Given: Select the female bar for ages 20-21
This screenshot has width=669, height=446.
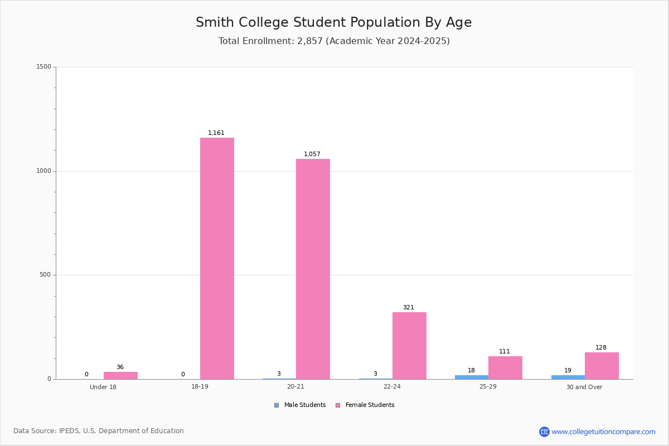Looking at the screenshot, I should tap(313, 269).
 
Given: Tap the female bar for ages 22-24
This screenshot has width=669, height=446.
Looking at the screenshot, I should tap(409, 346).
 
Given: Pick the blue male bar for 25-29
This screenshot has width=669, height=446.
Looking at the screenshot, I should tap(471, 377).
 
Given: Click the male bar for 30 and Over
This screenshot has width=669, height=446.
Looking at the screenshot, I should tap(568, 377).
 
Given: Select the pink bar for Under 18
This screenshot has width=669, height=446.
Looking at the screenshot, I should tap(120, 376).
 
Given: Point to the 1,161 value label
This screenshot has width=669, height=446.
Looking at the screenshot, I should tap(216, 133).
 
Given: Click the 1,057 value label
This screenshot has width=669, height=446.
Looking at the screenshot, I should tap(312, 154).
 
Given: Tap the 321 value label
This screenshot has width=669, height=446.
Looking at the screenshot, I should tap(409, 307).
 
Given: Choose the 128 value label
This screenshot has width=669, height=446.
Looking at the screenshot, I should tap(601, 347).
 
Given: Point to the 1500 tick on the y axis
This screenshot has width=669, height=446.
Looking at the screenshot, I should tap(43, 67).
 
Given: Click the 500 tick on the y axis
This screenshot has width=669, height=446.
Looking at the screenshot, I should tap(45, 275).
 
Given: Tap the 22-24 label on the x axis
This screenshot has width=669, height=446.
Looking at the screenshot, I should tap(392, 387).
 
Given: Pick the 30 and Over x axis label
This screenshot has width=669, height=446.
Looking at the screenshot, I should tap(584, 387).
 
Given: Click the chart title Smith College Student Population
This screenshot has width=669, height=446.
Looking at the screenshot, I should tap(333, 22).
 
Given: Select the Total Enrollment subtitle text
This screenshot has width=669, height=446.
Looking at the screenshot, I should tap(333, 41).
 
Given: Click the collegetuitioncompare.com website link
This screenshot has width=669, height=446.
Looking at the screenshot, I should tap(603, 432).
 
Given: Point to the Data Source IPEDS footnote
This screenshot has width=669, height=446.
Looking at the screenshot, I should tap(99, 431).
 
